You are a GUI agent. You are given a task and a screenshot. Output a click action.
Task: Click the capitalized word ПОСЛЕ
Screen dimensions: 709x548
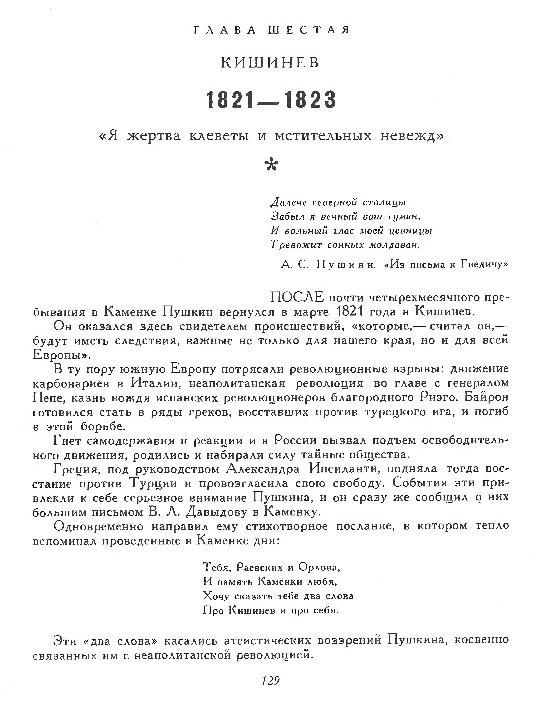click(297, 297)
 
